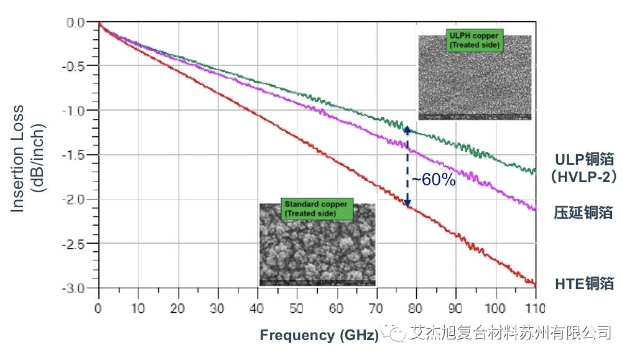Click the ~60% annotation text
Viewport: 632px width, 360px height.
434,180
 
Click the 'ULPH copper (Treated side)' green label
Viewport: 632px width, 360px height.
474,40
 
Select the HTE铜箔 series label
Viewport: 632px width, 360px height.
584,284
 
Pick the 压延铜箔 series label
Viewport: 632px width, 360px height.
583,213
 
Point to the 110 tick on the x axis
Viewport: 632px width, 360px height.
535,308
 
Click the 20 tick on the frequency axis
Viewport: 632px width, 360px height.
177,308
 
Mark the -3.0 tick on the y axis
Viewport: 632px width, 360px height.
79,288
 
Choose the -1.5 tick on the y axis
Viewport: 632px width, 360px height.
79,155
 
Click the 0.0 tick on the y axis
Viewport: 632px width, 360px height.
80,22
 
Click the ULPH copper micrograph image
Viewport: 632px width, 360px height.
475,78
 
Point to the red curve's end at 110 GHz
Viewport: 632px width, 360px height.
534,284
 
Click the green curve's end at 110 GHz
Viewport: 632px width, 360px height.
534,170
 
